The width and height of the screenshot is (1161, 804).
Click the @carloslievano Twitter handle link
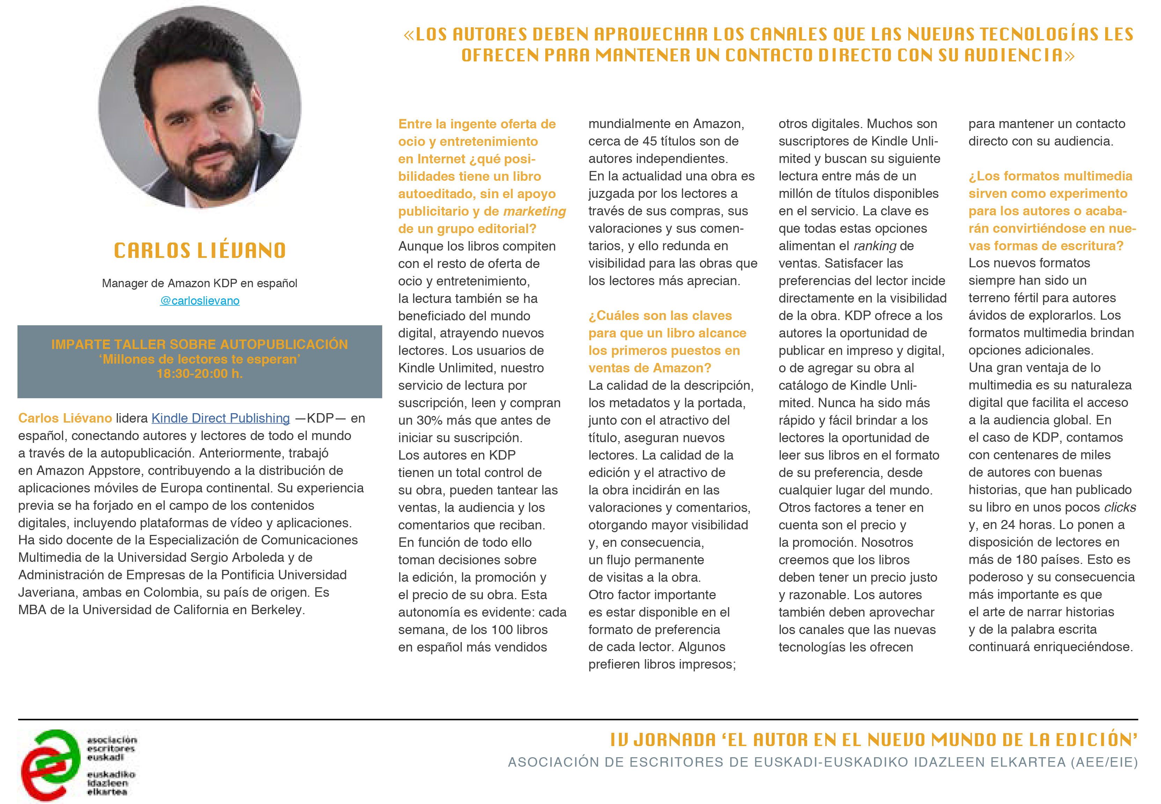[x=200, y=301]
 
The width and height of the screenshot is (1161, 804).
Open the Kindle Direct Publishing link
[x=221, y=418]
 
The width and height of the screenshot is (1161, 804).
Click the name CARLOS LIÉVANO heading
[x=200, y=250]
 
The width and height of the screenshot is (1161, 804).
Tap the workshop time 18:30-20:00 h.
[x=200, y=374]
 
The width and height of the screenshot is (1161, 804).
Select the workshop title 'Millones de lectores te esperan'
[x=200, y=359]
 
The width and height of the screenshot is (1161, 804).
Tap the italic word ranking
[x=875, y=246]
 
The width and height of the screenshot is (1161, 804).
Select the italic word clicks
[x=1120, y=507]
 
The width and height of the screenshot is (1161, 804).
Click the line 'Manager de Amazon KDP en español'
[x=200, y=283]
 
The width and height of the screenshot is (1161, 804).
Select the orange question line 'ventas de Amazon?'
[x=650, y=368]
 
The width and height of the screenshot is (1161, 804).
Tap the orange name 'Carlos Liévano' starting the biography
[x=65, y=418]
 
